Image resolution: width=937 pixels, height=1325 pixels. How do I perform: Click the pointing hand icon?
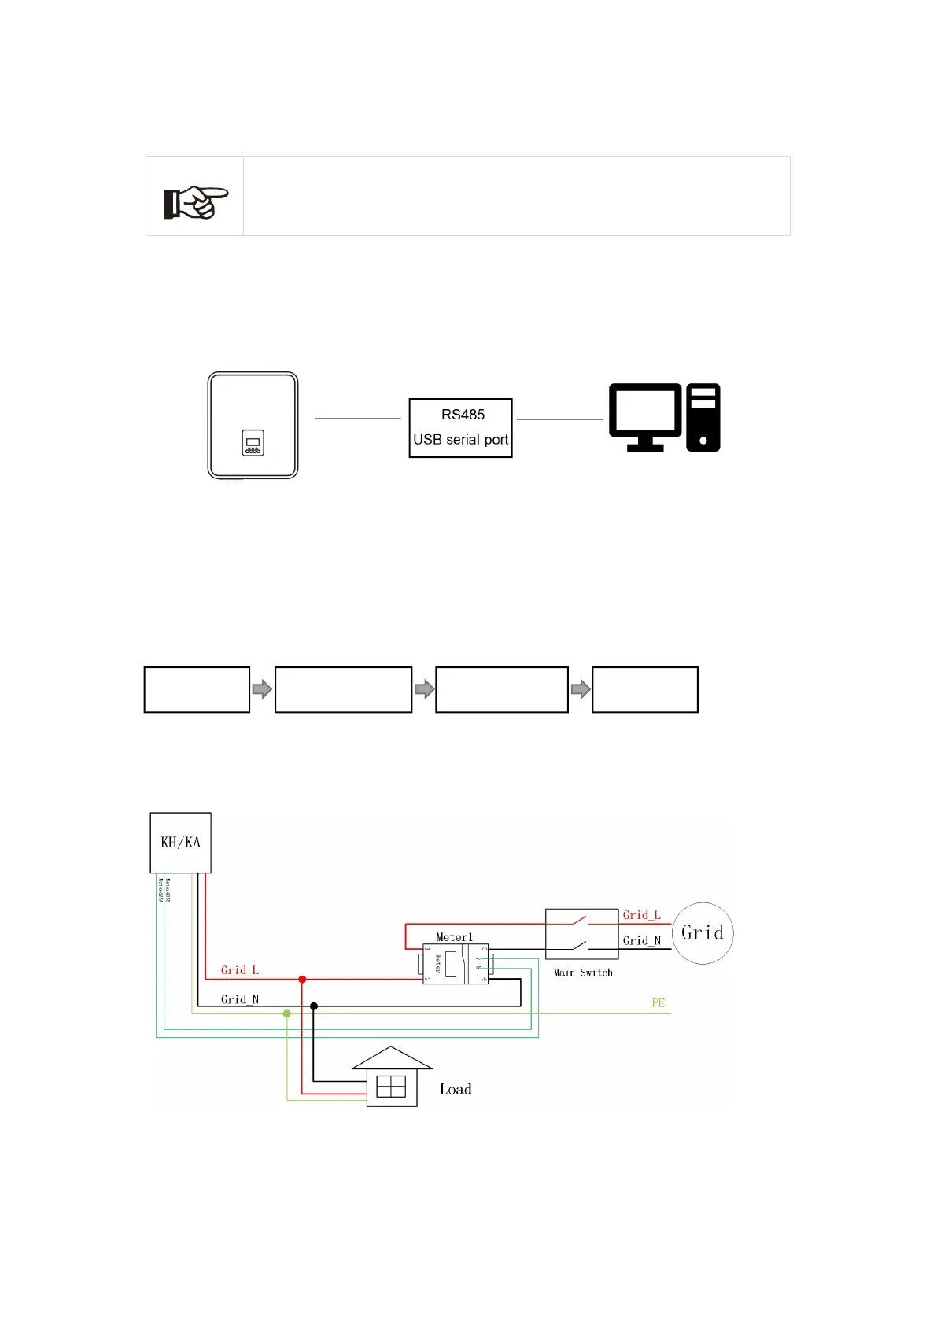pos(196,202)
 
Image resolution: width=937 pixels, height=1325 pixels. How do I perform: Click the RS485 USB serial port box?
pos(460,427)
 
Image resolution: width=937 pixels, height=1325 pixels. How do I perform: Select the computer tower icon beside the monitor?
pos(703,417)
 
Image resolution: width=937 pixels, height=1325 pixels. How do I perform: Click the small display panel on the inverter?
pos(253,443)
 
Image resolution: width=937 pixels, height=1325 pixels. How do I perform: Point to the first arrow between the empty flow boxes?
pos(262,690)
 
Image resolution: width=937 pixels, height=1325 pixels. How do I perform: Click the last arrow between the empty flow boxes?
pos(581,690)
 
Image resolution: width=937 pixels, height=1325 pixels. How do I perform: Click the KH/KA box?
pos(181,843)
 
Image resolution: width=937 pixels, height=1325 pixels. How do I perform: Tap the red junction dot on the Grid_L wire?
pos(302,979)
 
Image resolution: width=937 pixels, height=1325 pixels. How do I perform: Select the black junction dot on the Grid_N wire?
pos(314,1006)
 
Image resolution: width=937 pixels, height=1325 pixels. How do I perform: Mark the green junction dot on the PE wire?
pos(287,1013)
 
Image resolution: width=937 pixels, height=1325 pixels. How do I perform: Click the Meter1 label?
pos(455,937)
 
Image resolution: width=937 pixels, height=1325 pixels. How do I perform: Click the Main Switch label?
pos(583,973)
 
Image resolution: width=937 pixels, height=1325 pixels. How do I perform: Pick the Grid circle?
pos(703,933)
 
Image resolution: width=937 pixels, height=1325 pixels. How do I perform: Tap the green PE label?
pos(658,1002)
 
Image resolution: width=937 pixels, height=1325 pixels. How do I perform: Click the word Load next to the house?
pos(456,1089)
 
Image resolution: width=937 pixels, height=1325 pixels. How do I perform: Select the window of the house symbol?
pos(391,1087)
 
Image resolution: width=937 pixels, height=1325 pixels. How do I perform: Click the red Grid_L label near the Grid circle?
pos(641,915)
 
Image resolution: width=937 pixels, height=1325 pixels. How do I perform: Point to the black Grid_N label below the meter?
pos(240,999)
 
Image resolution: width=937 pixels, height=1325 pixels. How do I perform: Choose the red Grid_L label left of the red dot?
pos(240,970)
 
